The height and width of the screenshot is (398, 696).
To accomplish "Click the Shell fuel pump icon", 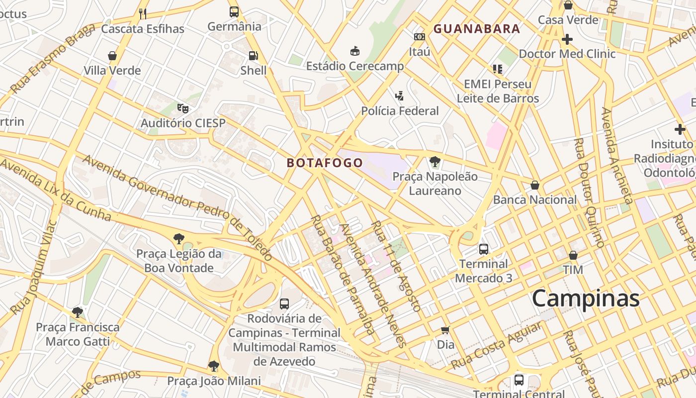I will tap(254, 56).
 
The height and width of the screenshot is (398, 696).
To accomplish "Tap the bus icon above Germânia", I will tap(234, 12).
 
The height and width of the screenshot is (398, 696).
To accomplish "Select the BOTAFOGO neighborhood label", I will tap(325, 163).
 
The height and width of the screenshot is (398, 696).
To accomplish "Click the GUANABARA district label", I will tap(476, 29).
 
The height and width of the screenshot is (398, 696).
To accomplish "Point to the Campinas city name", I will tap(585, 298).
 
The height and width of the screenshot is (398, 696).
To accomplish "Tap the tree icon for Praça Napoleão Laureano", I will tap(435, 162).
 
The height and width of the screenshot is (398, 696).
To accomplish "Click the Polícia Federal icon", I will tap(399, 96).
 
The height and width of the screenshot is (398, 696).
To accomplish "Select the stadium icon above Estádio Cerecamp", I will tap(355, 51).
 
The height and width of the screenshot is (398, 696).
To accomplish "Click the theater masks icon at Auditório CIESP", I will tap(183, 108).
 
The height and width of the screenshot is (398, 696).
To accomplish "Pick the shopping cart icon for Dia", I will tap(445, 330).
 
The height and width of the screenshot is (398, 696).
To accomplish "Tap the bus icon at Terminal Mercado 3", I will tap(483, 249).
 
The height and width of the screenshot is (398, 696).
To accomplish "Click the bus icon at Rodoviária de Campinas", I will tap(284, 303).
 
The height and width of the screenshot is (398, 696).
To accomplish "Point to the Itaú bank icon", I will tap(419, 37).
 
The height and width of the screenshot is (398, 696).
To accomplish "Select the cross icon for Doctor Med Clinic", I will tap(567, 39).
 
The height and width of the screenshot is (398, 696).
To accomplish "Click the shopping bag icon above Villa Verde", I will tap(112, 56).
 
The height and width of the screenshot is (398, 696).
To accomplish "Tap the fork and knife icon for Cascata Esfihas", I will tap(143, 14).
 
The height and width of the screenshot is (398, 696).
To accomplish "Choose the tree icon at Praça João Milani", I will tap(214, 367).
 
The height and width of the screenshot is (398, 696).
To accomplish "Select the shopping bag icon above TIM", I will tap(573, 255).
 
